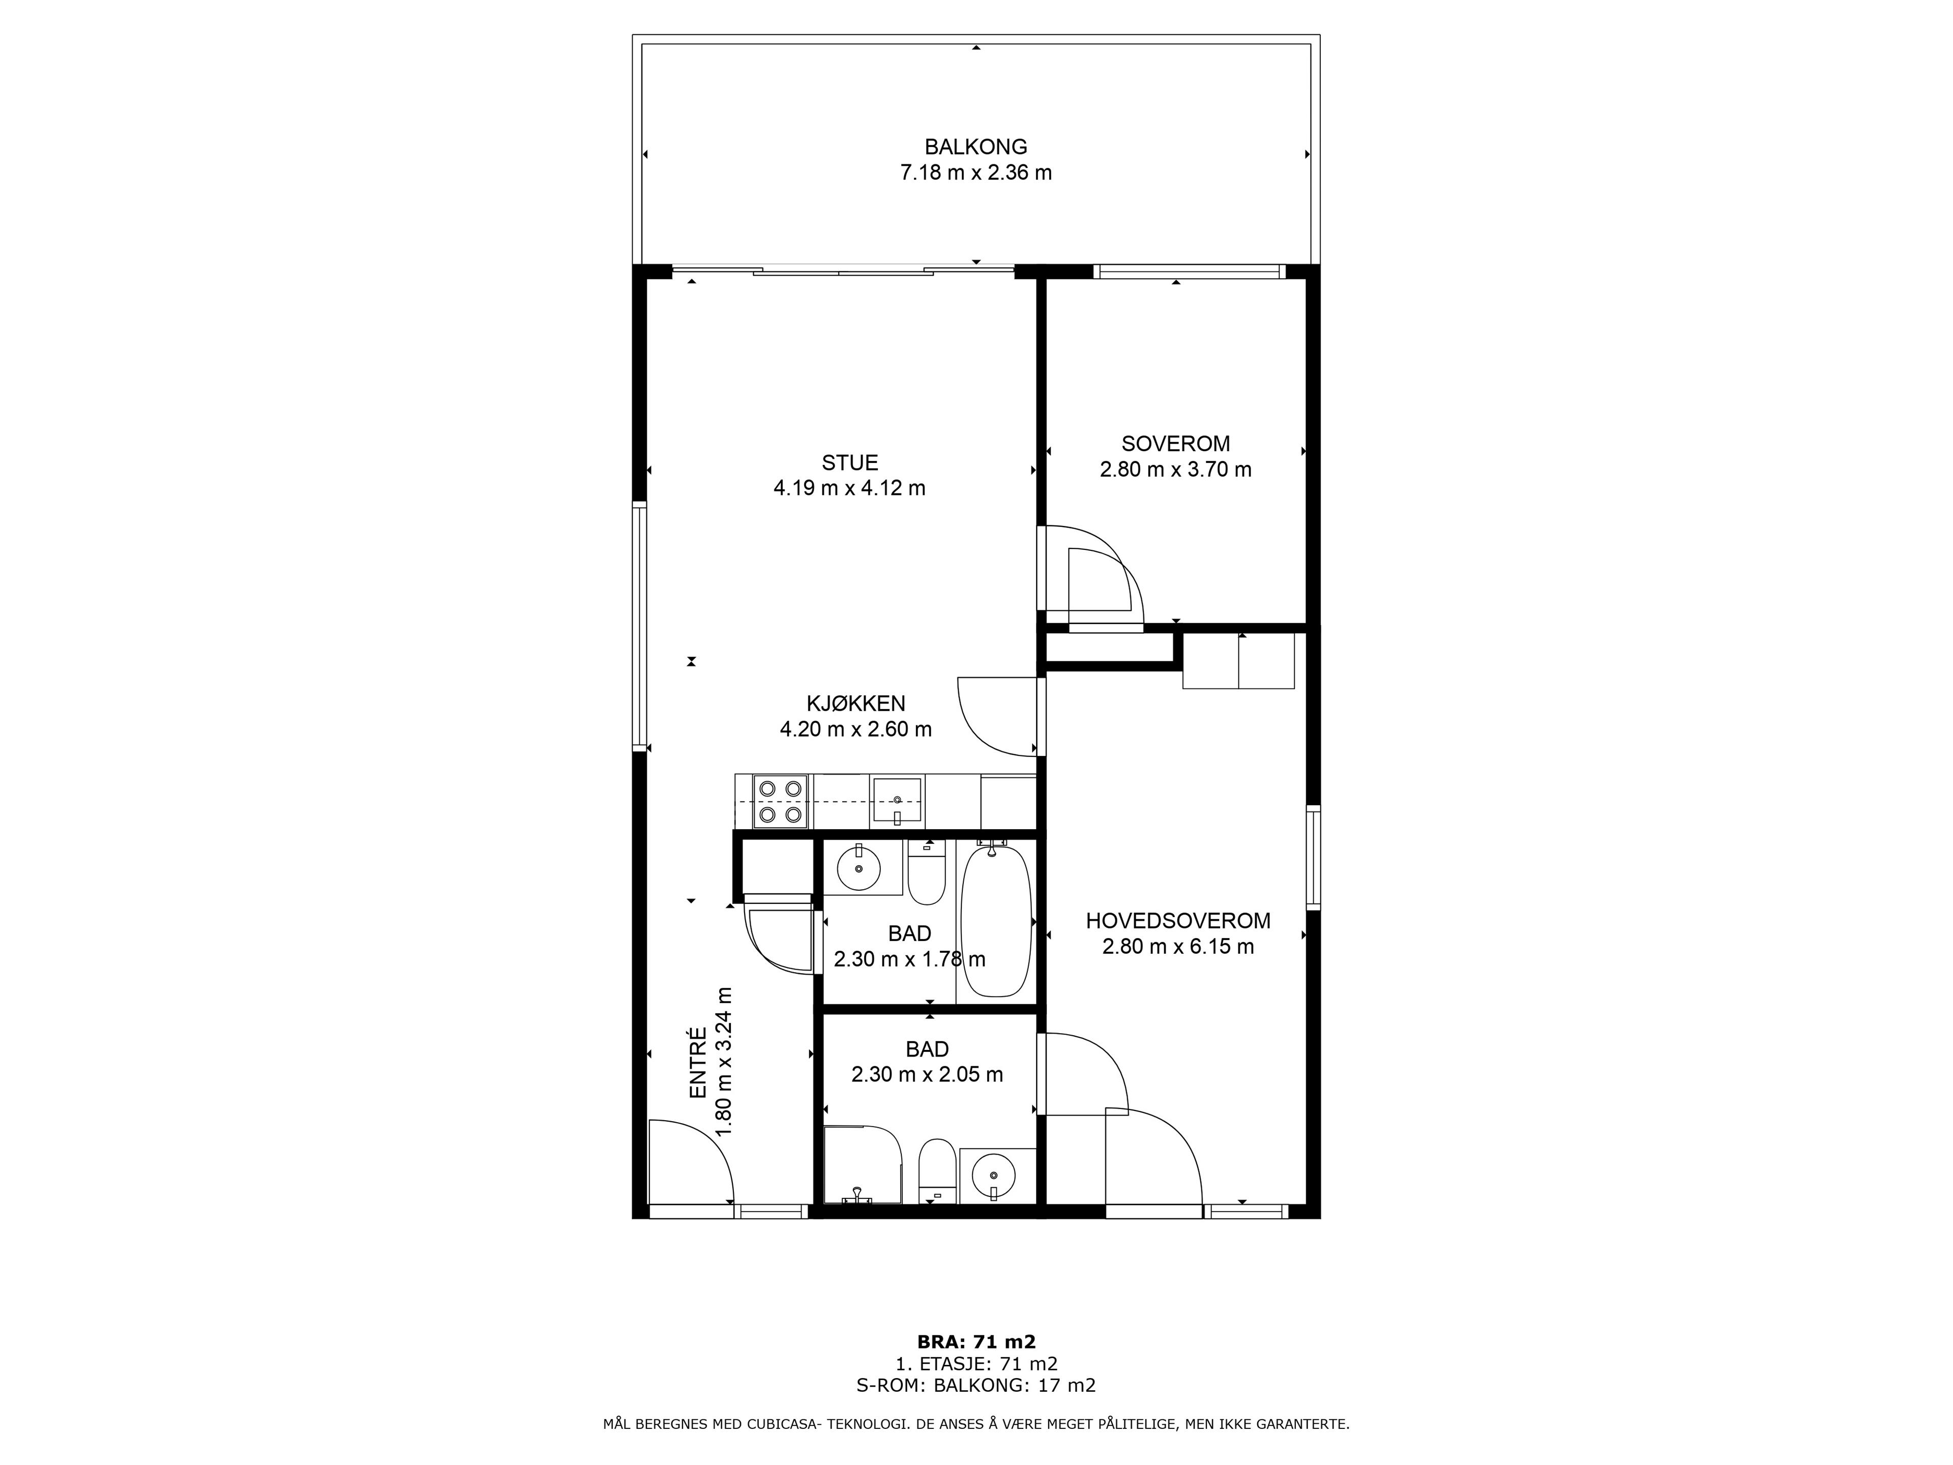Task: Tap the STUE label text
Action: (x=849, y=463)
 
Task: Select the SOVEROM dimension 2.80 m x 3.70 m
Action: (x=1175, y=470)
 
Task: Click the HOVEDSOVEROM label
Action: (x=1178, y=921)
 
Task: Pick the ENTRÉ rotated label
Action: (x=697, y=1075)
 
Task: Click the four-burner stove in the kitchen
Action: (x=781, y=802)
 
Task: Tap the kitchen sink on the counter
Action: (x=897, y=802)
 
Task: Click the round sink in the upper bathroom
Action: (x=858, y=867)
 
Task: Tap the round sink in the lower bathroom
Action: (x=994, y=1176)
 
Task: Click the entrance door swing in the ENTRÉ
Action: (x=691, y=1161)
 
